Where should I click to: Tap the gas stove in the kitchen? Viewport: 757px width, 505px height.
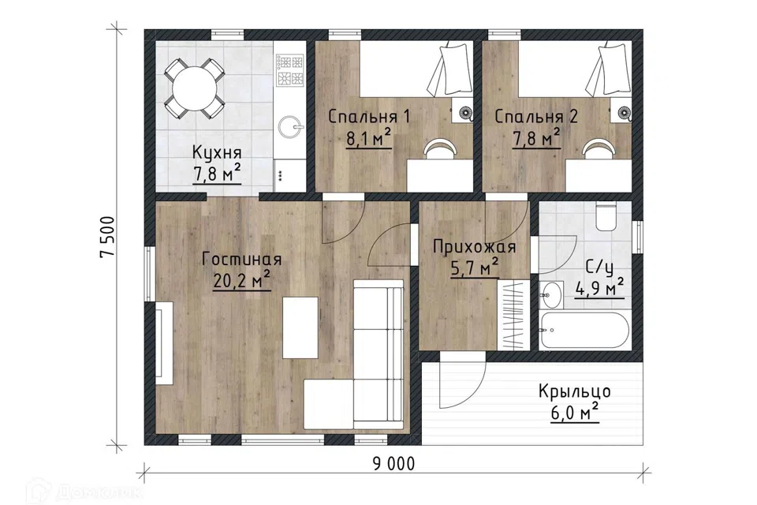(289, 70)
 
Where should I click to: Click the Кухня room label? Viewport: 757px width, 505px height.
(216, 152)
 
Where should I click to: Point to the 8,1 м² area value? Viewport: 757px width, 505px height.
(368, 139)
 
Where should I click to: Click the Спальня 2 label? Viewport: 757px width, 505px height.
(536, 117)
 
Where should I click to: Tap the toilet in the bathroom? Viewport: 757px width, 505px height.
(607, 216)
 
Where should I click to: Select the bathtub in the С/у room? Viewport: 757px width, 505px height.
(584, 330)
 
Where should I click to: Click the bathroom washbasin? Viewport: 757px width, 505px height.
(551, 294)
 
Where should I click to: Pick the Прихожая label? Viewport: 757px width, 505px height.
(474, 247)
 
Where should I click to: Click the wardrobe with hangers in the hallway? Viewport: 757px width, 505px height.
(513, 315)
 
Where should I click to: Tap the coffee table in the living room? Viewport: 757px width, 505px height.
(300, 327)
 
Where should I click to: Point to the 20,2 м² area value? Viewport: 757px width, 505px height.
(241, 281)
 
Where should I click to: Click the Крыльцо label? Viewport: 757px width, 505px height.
(575, 391)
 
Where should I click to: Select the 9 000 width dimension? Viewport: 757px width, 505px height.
(393, 464)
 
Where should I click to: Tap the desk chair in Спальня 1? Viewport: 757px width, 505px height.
(440, 148)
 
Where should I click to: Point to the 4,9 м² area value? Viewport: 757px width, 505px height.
(599, 289)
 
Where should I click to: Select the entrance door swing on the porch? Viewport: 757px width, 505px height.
(462, 380)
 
